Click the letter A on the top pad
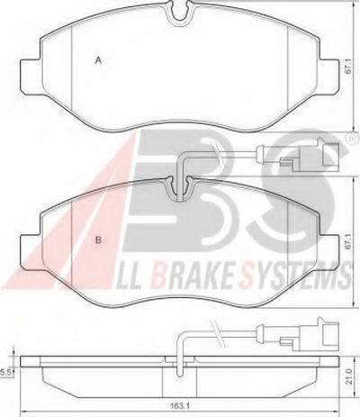[98, 60]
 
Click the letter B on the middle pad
[98, 240]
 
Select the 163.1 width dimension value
[178, 406]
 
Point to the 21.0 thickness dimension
[349, 376]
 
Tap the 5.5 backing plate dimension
[6, 373]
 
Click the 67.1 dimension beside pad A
[348, 67]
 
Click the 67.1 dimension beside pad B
[348, 241]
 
